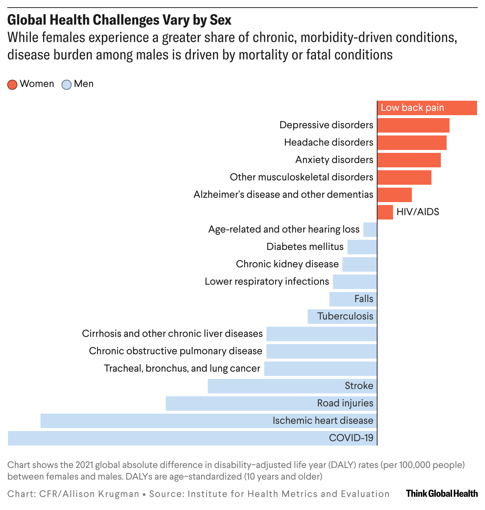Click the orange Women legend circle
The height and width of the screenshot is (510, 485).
12,84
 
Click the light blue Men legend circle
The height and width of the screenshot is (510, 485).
67,84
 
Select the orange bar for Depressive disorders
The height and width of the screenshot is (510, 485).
413,125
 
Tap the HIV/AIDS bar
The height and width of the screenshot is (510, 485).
385,212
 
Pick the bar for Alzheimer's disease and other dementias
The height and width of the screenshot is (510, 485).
395,195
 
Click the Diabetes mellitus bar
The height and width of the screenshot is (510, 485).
362,247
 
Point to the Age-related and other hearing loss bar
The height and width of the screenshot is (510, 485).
370,230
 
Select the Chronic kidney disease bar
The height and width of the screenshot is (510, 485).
359,264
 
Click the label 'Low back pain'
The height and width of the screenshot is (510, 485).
412,108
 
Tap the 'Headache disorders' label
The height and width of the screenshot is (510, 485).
328,142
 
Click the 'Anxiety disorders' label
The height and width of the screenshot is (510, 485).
334,160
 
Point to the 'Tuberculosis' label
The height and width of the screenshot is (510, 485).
345,316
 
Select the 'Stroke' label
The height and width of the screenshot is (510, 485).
359,386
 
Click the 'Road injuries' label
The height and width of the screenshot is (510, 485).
345,403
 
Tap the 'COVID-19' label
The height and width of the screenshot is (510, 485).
351,438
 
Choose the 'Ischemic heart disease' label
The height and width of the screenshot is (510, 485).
322,421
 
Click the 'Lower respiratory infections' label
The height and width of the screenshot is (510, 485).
267,281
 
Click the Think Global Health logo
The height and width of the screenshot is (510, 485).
442,493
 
